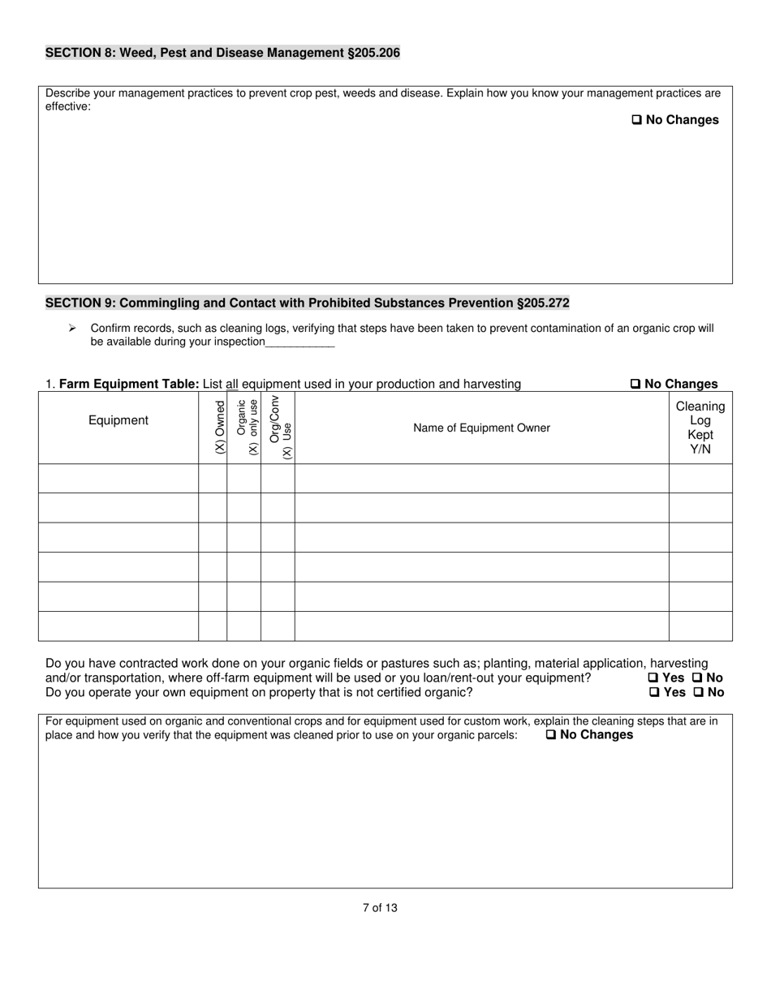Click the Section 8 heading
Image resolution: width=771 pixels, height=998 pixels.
click(222, 53)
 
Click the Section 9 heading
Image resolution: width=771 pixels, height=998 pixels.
click(307, 303)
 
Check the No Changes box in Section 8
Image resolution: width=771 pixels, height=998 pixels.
click(637, 120)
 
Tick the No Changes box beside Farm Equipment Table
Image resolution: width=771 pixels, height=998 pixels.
click(635, 384)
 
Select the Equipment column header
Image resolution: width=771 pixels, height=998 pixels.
click(118, 420)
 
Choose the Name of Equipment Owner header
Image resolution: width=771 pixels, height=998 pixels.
click(481, 428)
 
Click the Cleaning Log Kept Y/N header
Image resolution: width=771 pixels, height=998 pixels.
click(700, 428)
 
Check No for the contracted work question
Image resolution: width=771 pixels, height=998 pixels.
click(696, 678)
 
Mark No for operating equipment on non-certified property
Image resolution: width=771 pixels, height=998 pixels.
click(697, 692)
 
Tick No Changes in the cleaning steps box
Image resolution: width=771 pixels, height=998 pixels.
click(551, 735)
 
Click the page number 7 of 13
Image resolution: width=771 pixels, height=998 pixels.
click(380, 908)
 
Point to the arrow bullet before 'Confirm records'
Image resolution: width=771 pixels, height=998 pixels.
click(72, 328)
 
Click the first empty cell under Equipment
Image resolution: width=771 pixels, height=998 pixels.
click(118, 479)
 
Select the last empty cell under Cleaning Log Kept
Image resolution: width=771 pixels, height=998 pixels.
click(700, 626)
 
